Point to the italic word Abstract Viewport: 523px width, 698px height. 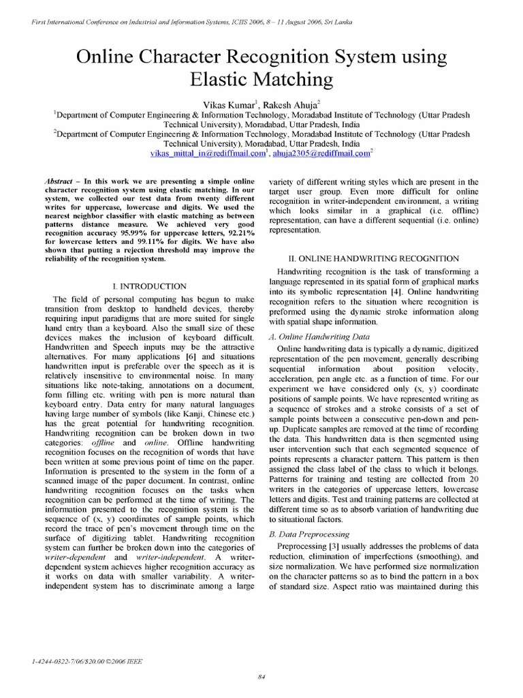click(x=59, y=180)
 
